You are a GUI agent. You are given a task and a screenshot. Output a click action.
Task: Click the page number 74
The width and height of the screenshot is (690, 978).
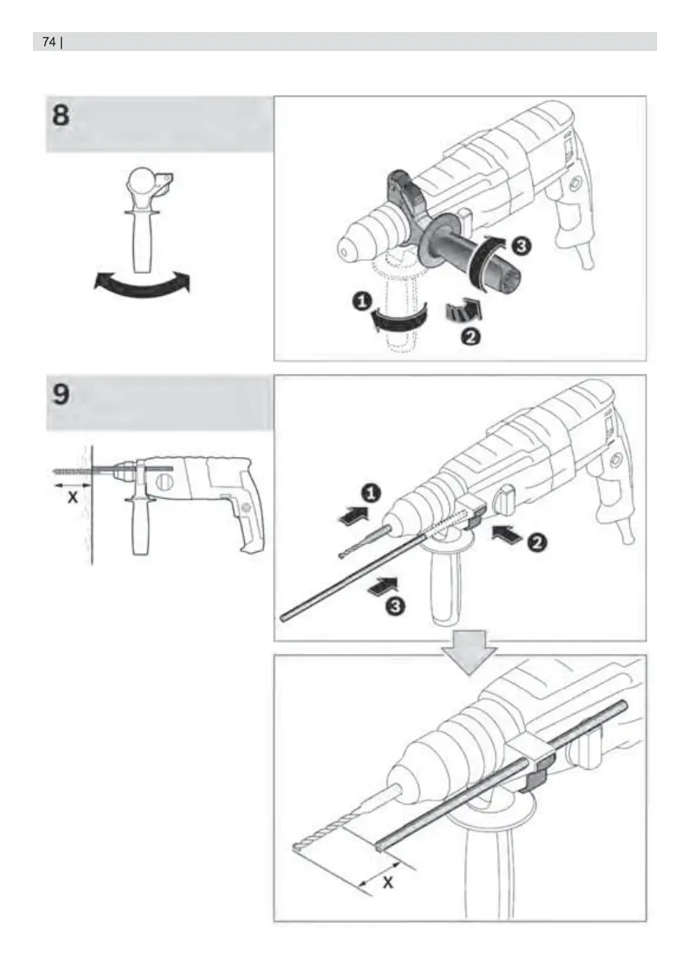tap(48, 42)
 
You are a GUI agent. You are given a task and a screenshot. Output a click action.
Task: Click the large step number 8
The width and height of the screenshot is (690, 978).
tap(61, 115)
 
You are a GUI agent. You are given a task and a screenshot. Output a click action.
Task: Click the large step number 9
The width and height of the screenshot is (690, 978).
tap(61, 394)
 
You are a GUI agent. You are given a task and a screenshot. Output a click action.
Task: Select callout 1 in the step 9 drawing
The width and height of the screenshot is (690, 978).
tap(370, 493)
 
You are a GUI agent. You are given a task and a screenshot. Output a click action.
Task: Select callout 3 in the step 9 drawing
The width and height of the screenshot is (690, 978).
tap(394, 605)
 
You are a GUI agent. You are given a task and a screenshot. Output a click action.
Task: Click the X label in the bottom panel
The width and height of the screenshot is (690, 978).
tap(388, 883)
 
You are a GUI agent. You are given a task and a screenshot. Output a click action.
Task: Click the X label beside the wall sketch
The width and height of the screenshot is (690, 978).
tap(73, 497)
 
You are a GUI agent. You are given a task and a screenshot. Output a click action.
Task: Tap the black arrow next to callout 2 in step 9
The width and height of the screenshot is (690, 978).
tap(506, 535)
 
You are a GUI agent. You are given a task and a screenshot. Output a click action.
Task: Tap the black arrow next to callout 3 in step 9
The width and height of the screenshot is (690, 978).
tap(382, 586)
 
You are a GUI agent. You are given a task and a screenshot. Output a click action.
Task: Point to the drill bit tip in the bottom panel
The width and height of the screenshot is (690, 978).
tap(295, 847)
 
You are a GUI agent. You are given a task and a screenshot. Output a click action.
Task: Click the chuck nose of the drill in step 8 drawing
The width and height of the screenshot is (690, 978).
tap(343, 250)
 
